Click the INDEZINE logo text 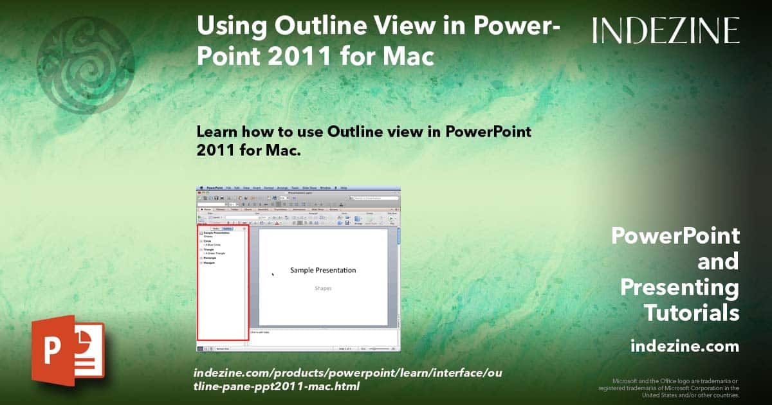point(666,31)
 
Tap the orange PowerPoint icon point(68,350)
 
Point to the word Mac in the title point(408,57)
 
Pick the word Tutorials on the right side point(692,313)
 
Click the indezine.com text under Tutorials point(685,346)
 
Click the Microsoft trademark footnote point(669,388)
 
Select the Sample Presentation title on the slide point(323,270)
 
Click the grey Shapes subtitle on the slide point(323,289)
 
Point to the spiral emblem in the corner point(85,64)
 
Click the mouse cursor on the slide point(273,274)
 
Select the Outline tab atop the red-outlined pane point(227,228)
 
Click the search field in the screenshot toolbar point(373,198)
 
